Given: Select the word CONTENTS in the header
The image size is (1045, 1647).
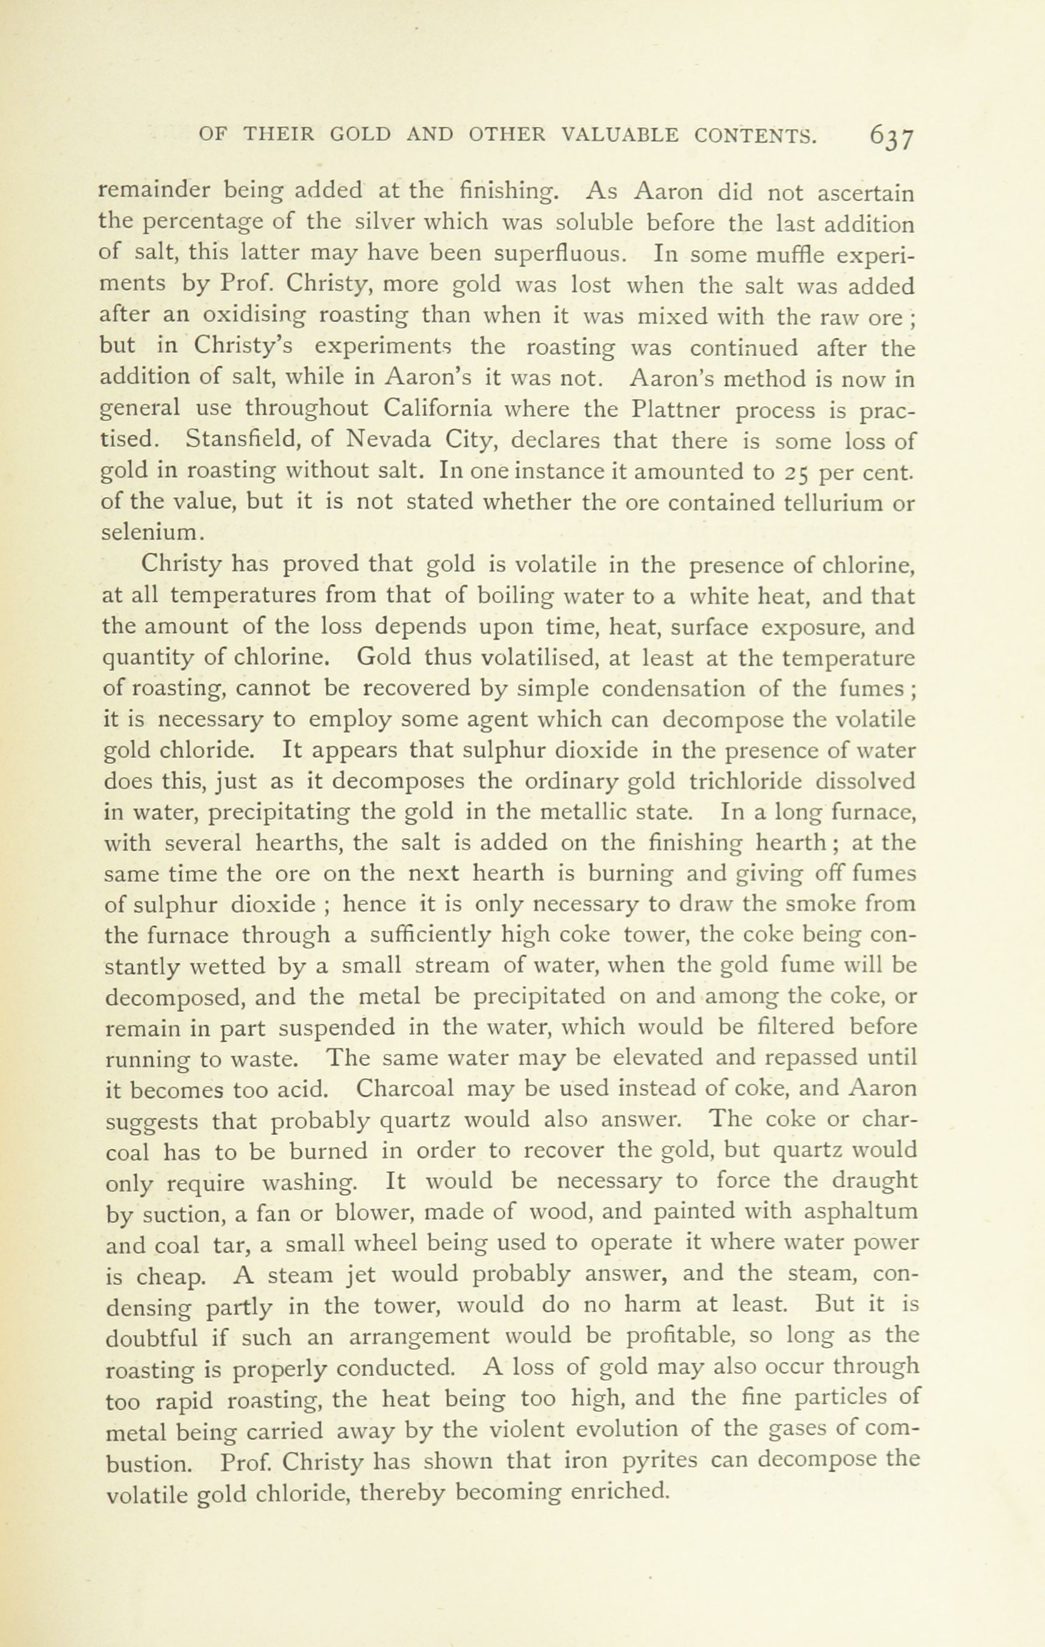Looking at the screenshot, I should click(755, 135).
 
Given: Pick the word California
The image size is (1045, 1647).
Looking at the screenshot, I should click(437, 409).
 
